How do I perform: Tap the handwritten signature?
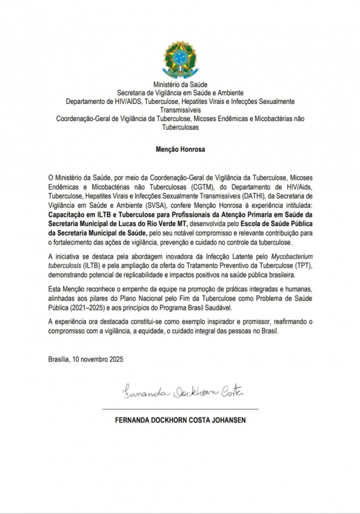(183, 392)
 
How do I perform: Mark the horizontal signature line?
(180, 409)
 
